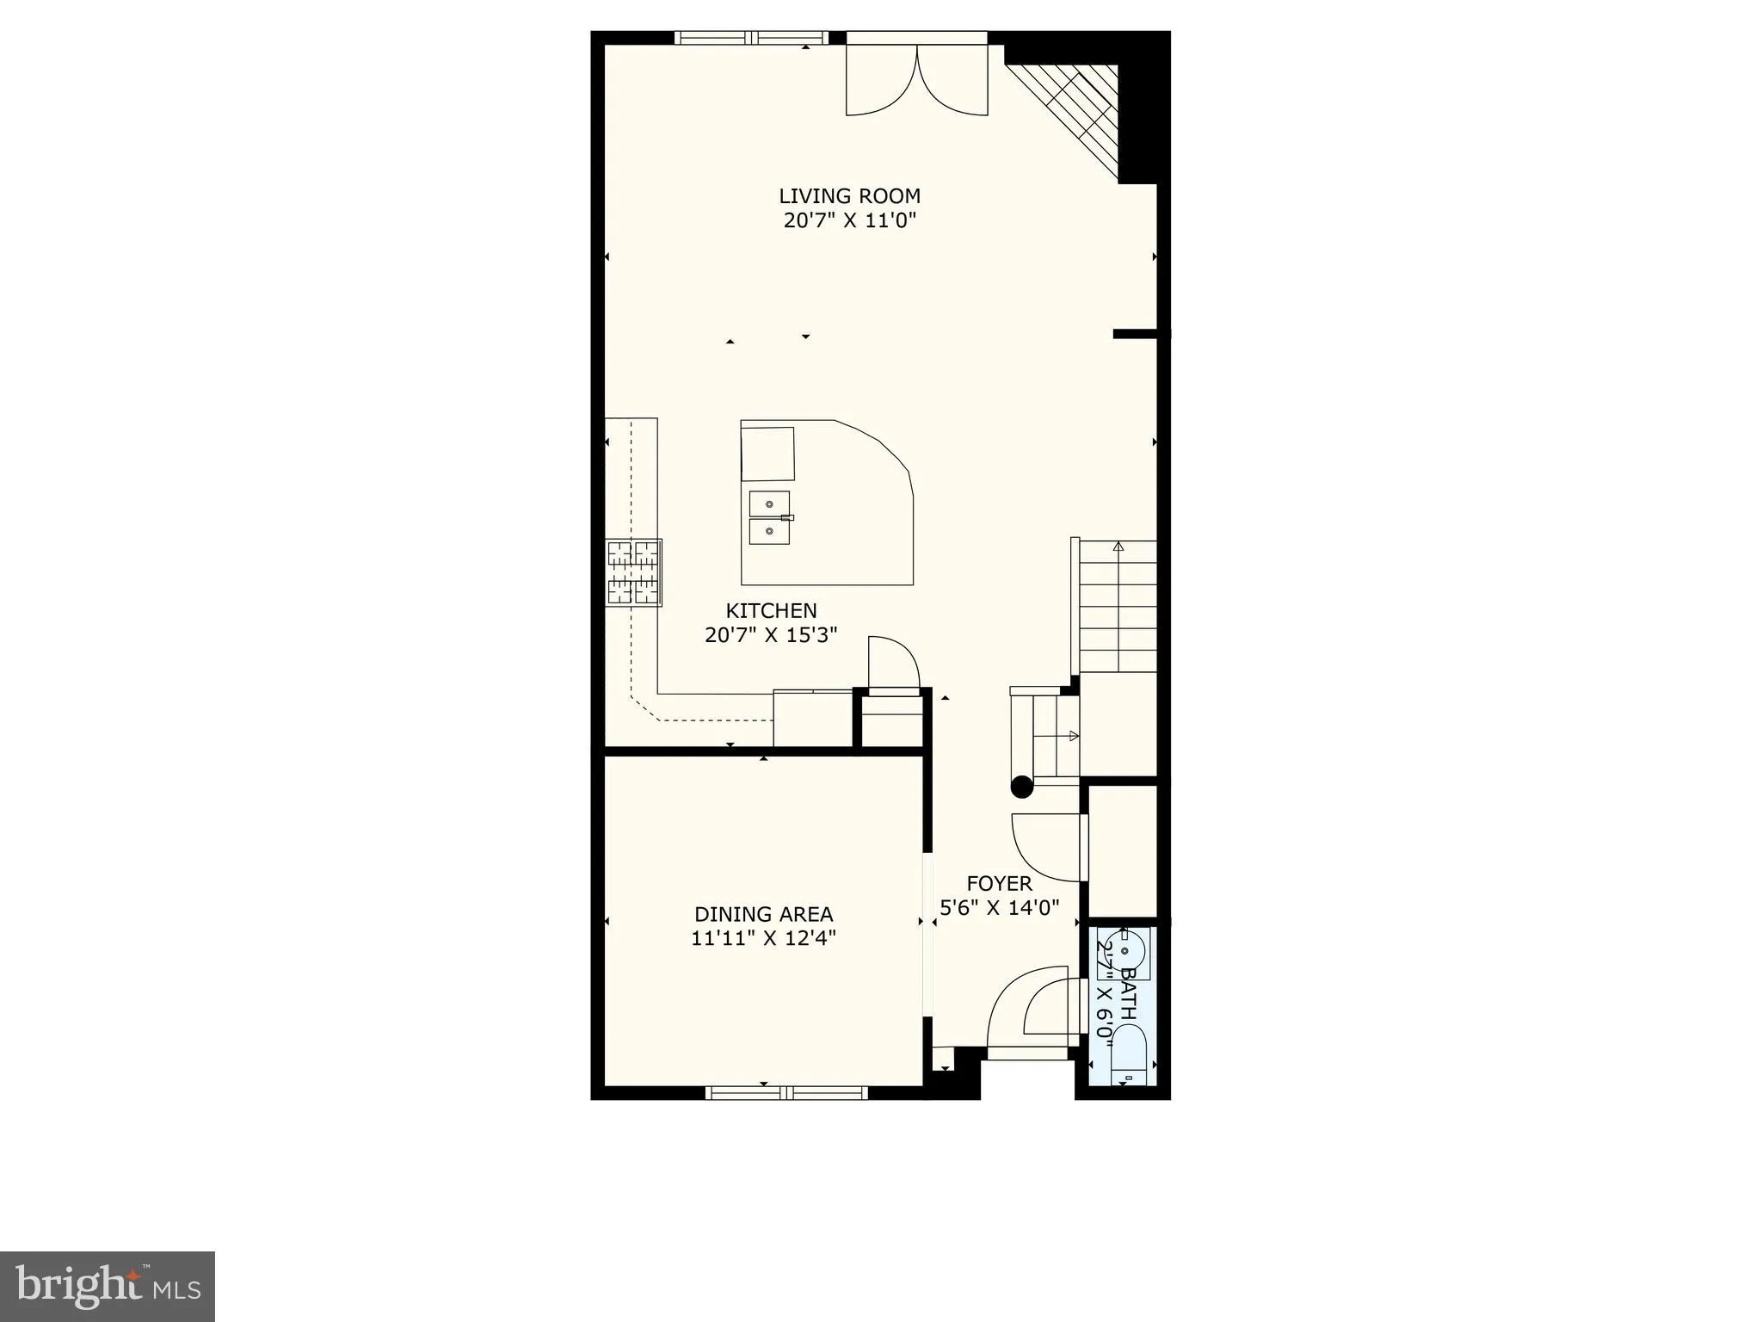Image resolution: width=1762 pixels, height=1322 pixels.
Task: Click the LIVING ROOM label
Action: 849,196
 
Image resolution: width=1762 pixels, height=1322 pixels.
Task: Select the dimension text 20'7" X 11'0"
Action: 849,220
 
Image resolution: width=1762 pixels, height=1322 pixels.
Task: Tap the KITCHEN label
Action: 771,611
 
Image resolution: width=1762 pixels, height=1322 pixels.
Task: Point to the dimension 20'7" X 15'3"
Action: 771,636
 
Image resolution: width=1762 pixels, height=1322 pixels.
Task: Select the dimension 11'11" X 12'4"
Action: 763,938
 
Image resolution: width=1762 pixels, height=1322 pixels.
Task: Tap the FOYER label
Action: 999,884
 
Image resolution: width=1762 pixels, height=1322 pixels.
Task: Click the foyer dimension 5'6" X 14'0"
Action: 999,907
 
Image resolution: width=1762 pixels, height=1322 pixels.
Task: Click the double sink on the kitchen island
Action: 769,518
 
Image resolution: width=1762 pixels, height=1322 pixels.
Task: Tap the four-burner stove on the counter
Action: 633,572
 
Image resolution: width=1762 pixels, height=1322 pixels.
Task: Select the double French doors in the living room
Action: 917,79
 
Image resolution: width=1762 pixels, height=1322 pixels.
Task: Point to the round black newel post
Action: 1021,786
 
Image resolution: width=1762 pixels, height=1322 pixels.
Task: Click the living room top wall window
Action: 751,38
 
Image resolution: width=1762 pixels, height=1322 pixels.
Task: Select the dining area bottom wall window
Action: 786,1093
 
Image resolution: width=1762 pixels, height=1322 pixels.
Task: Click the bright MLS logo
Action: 108,1287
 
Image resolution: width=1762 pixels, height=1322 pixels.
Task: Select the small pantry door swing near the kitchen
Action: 893,663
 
